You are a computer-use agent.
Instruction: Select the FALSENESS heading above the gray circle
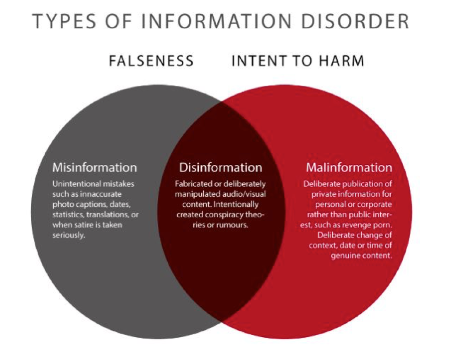pos(151,61)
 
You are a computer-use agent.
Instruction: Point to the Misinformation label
pos(95,167)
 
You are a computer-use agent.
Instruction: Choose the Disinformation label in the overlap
pos(221,167)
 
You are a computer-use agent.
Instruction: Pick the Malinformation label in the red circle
pos(349,167)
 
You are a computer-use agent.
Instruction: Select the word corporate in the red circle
pos(376,204)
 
